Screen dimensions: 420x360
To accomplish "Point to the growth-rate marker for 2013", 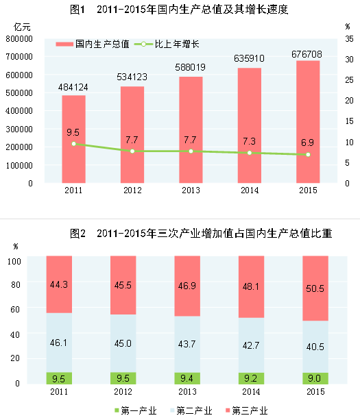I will (x=191, y=151).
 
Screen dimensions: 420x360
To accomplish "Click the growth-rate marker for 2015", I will (x=308, y=154).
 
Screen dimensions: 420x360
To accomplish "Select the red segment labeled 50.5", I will (x=308, y=288).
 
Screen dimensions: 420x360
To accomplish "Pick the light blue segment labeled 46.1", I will (x=59, y=343).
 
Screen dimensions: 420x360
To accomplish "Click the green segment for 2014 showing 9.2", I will (x=250, y=378).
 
